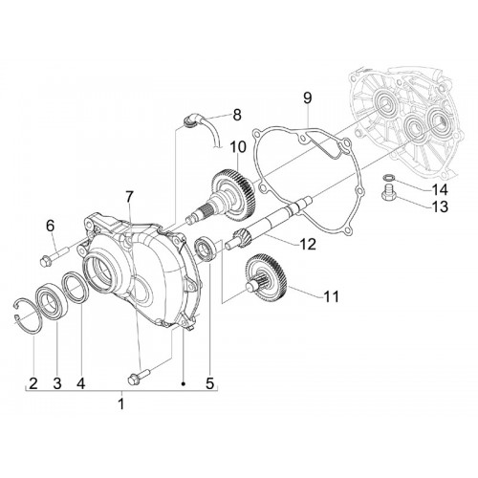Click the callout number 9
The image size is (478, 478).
click(307, 98)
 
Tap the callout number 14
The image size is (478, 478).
click(439, 190)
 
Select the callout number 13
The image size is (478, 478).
click(439, 206)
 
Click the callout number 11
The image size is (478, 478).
click(331, 296)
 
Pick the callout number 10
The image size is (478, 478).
click(238, 147)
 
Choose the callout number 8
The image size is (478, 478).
click(237, 115)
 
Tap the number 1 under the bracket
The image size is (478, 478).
click(121, 403)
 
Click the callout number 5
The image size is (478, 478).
click(209, 383)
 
